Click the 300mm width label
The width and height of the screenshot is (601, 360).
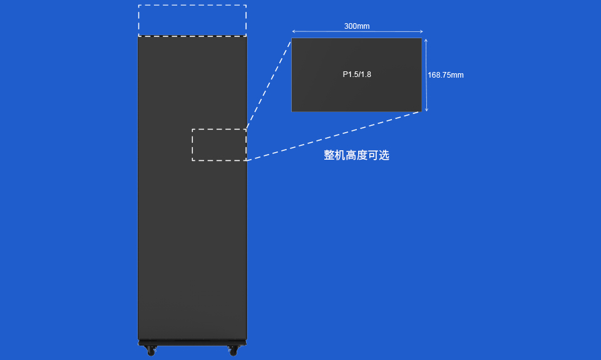357,26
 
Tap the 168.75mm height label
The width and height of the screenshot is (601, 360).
446,75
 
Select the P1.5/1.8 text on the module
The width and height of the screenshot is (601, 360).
357,75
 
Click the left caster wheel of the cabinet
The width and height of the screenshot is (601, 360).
151,351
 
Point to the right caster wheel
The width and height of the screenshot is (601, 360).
234,351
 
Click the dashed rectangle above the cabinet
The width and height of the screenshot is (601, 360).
192,20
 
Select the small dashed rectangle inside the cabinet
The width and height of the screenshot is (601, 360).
219,145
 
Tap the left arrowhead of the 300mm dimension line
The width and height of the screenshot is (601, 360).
294,31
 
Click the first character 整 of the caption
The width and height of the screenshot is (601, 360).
329,155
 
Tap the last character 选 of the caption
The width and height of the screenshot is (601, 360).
384,155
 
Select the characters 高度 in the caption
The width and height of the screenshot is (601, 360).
356,155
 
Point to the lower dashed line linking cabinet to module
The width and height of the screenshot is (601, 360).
332,136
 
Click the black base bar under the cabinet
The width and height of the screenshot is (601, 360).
192,342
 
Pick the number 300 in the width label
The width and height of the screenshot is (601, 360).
351,26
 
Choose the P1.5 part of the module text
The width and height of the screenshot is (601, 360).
349,75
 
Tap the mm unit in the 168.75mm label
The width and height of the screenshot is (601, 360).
458,75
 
